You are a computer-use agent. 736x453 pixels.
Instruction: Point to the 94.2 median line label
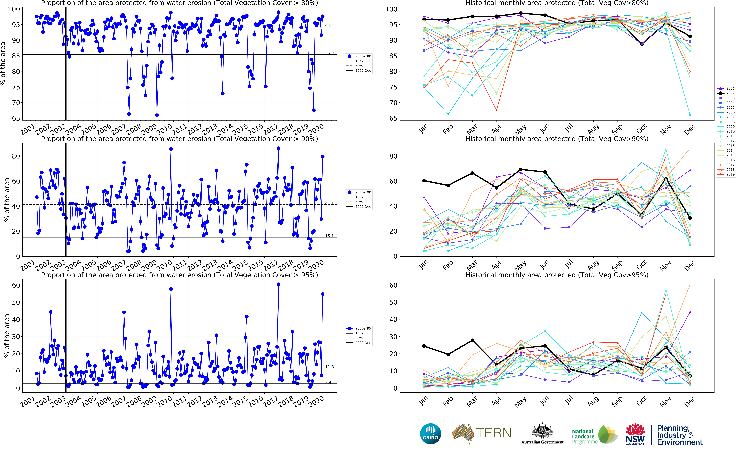click(329, 26)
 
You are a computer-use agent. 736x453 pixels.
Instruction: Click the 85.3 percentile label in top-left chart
click(329, 53)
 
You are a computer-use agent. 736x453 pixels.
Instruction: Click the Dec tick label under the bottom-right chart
click(690, 401)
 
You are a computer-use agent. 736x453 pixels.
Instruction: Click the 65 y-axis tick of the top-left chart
click(16, 118)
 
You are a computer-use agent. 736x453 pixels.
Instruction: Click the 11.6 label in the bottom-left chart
click(329, 367)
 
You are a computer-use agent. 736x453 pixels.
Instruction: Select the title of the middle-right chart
click(557, 139)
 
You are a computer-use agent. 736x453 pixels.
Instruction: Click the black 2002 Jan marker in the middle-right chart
click(424, 181)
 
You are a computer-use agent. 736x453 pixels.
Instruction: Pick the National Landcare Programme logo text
click(583, 436)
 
